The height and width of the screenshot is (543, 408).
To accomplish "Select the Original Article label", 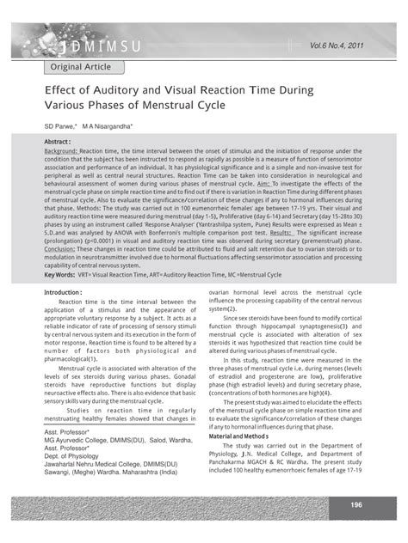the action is click(78, 66).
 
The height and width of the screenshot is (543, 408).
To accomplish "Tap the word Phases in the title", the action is click(117, 107).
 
